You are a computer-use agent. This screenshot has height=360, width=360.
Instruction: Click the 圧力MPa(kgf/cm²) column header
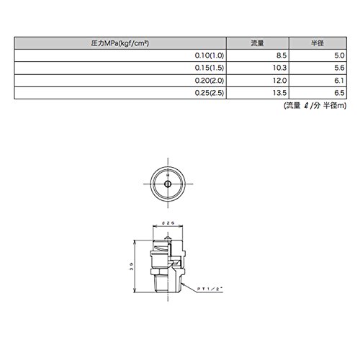(120, 43)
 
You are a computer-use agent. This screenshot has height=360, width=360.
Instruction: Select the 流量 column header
(257, 43)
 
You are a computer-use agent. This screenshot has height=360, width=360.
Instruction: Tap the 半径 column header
(318, 43)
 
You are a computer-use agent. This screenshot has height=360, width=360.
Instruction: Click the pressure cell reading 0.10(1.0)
(210, 55)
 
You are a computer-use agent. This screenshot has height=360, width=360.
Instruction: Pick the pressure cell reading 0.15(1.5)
(210, 68)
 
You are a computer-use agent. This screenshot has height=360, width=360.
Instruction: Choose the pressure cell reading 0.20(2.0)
(210, 81)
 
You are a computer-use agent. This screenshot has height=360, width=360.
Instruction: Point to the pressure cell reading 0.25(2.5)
(210, 93)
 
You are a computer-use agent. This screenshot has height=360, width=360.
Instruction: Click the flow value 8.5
(282, 55)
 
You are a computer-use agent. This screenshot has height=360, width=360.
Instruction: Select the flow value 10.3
(279, 68)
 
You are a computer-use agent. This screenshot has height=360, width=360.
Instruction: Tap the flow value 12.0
(279, 81)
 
